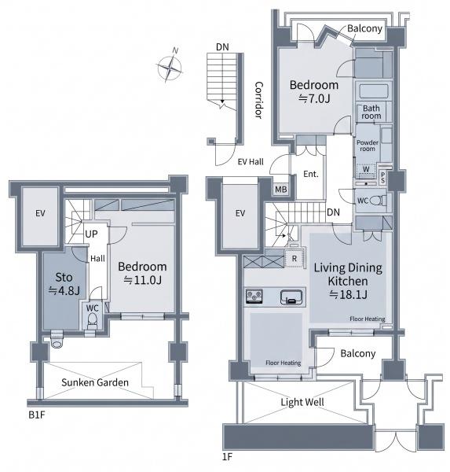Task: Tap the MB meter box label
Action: [x=281, y=190]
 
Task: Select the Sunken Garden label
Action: [x=95, y=382]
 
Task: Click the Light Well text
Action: [x=302, y=402]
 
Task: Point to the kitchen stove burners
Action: [x=254, y=297]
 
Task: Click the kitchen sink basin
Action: [x=291, y=297]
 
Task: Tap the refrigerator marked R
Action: [x=294, y=258]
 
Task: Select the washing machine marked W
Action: [x=366, y=171]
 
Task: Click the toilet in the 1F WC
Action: [x=377, y=200]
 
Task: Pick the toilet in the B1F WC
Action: [x=93, y=321]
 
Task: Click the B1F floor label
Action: [x=37, y=415]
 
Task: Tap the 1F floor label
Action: [x=227, y=456]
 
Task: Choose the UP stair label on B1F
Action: [x=91, y=234]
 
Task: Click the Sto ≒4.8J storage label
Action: [x=64, y=284]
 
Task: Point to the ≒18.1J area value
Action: [x=348, y=294]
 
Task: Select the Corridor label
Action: [x=259, y=100]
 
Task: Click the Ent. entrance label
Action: [x=311, y=174]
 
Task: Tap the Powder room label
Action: [x=368, y=146]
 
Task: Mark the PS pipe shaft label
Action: [x=382, y=177]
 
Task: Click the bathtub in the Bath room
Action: [x=374, y=91]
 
